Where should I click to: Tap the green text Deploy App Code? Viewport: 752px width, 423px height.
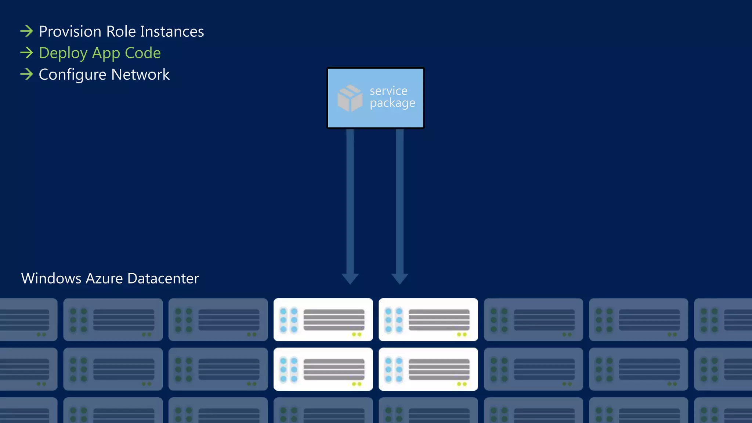coord(100,53)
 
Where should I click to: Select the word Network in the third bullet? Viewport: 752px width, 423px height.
coord(140,75)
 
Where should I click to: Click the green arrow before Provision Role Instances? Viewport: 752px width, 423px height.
coord(27,31)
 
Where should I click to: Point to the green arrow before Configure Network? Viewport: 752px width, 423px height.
coord(27,75)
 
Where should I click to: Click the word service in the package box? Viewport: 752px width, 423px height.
coord(388,91)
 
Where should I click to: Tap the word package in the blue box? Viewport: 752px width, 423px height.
coord(392,104)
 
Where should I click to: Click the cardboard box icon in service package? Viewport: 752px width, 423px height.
coord(350,98)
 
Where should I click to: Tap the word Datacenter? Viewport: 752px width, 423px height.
coord(163,278)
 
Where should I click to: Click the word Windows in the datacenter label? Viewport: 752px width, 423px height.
coord(51,278)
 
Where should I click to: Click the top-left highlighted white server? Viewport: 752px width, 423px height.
coord(323,319)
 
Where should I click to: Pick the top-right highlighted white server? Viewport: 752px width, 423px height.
coord(428,319)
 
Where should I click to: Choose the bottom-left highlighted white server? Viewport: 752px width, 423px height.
coord(323,369)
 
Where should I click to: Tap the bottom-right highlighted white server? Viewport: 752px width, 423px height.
coord(428,369)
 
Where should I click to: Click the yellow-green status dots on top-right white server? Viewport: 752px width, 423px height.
coord(462,335)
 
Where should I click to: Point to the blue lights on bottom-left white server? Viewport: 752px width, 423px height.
coord(289,370)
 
